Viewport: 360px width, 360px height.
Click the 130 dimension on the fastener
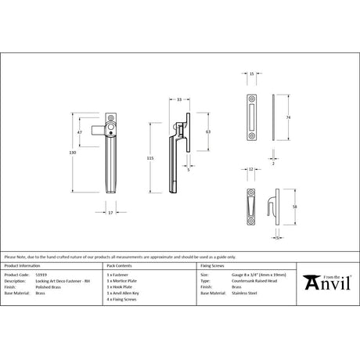pos(75,153)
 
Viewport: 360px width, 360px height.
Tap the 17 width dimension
pos(110,211)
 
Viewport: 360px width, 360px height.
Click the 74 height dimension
pos(290,117)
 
